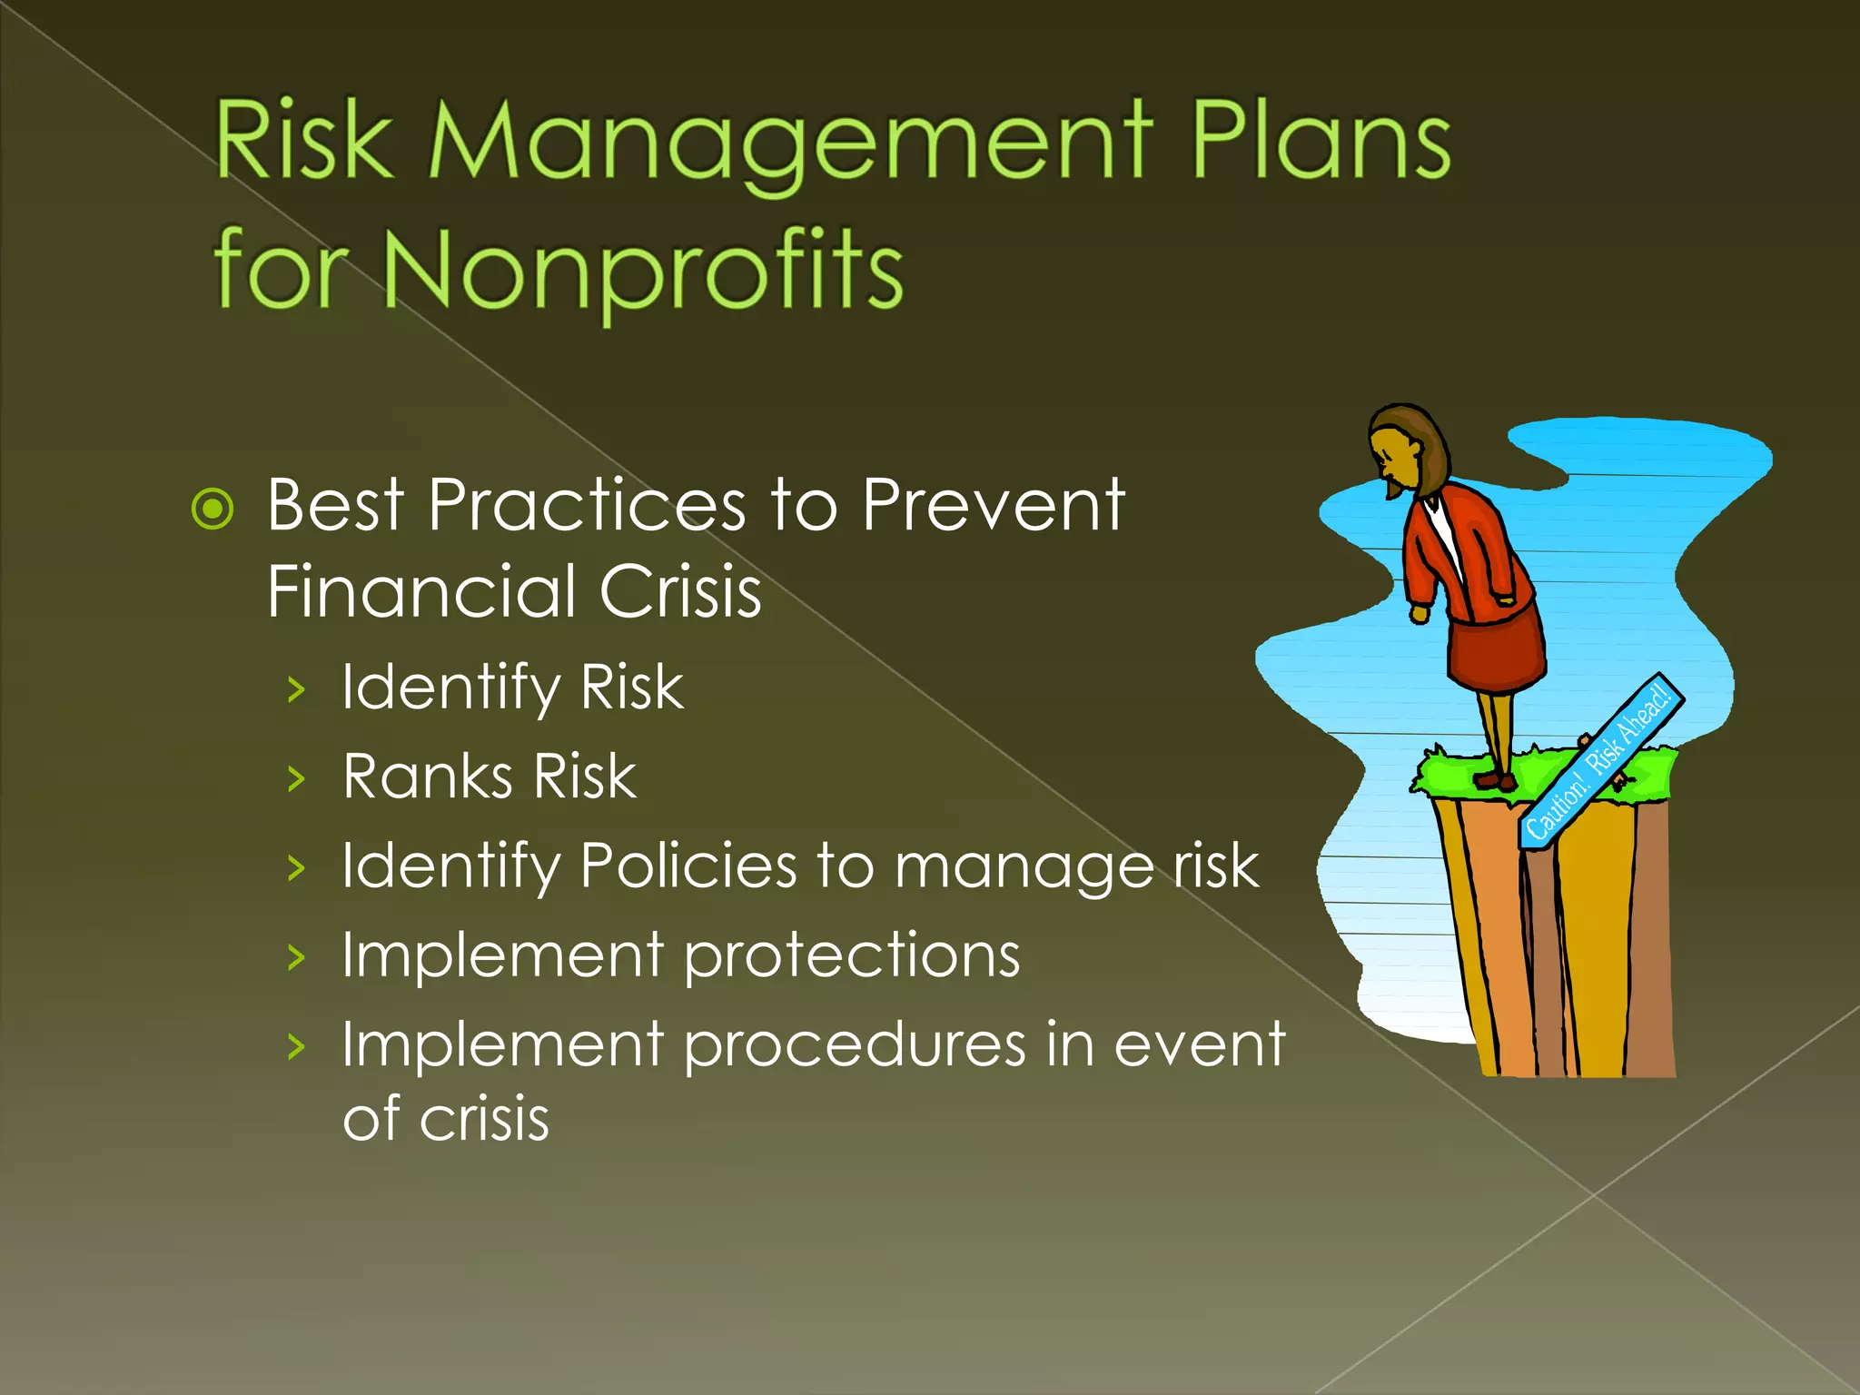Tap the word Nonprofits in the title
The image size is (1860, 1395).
642,270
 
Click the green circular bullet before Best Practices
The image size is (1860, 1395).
213,509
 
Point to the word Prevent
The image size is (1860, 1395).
994,505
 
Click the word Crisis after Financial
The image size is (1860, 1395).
680,592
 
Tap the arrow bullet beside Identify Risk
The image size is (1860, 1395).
295,690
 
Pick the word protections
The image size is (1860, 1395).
852,956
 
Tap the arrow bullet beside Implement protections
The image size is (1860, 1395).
295,958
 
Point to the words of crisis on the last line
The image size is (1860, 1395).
445,1119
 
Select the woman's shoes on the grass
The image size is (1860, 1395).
1495,780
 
